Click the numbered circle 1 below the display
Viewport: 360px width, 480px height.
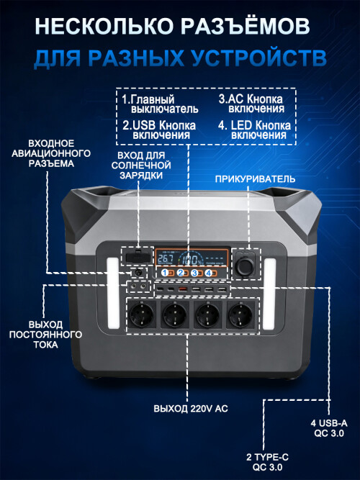click(165, 273)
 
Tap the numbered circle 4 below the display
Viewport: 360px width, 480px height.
click(209, 273)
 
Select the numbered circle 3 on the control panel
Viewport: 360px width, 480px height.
click(194, 273)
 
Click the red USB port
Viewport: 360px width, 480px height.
click(183, 289)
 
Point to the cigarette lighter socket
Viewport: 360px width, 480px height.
click(246, 264)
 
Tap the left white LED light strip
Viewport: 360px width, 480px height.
click(113, 294)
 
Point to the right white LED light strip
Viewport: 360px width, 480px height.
click(269, 294)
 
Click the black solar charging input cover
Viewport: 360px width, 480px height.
click(138, 256)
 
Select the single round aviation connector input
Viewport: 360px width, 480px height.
click(138, 272)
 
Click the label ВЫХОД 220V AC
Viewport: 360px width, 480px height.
click(191, 409)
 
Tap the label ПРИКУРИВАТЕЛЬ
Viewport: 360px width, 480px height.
click(255, 179)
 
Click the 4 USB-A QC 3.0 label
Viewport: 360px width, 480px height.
click(329, 428)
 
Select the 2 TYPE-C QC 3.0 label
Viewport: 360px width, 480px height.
click(267, 462)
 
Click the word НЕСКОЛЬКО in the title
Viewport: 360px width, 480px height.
click(106, 26)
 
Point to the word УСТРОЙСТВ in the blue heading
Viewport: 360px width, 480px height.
click(258, 58)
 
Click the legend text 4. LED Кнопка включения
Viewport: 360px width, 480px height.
click(255, 130)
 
